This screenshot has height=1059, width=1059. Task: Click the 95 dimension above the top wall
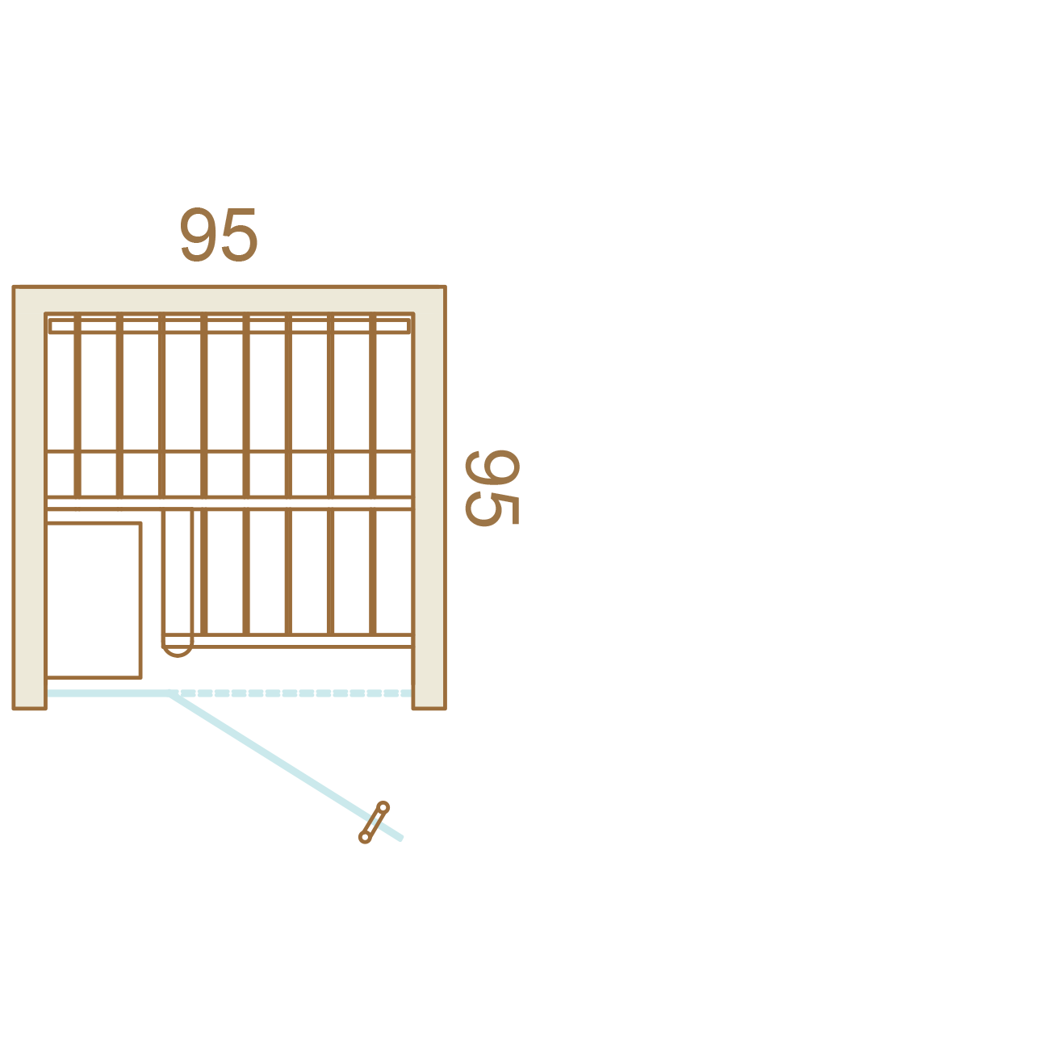point(219,235)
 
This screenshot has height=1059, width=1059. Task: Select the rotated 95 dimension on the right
point(492,488)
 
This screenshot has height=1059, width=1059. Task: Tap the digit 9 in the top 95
point(197,235)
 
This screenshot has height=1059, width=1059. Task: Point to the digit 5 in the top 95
point(240,235)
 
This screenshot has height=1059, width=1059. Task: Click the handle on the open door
point(374,823)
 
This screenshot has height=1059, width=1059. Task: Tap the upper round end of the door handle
point(383,807)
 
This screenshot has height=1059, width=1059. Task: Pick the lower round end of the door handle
point(364,838)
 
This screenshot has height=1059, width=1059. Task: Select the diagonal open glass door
point(286,766)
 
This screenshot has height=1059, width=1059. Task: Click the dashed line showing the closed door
point(291,693)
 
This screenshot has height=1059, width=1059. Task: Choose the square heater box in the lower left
point(94,600)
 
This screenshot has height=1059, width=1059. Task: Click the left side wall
point(30,497)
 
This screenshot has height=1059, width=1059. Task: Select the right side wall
point(429,497)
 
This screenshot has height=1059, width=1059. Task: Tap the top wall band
point(229,299)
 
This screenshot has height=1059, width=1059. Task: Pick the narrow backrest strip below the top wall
point(229,326)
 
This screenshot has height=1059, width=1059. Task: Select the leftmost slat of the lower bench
point(204,571)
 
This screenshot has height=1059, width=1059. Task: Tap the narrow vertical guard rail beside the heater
point(178,577)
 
